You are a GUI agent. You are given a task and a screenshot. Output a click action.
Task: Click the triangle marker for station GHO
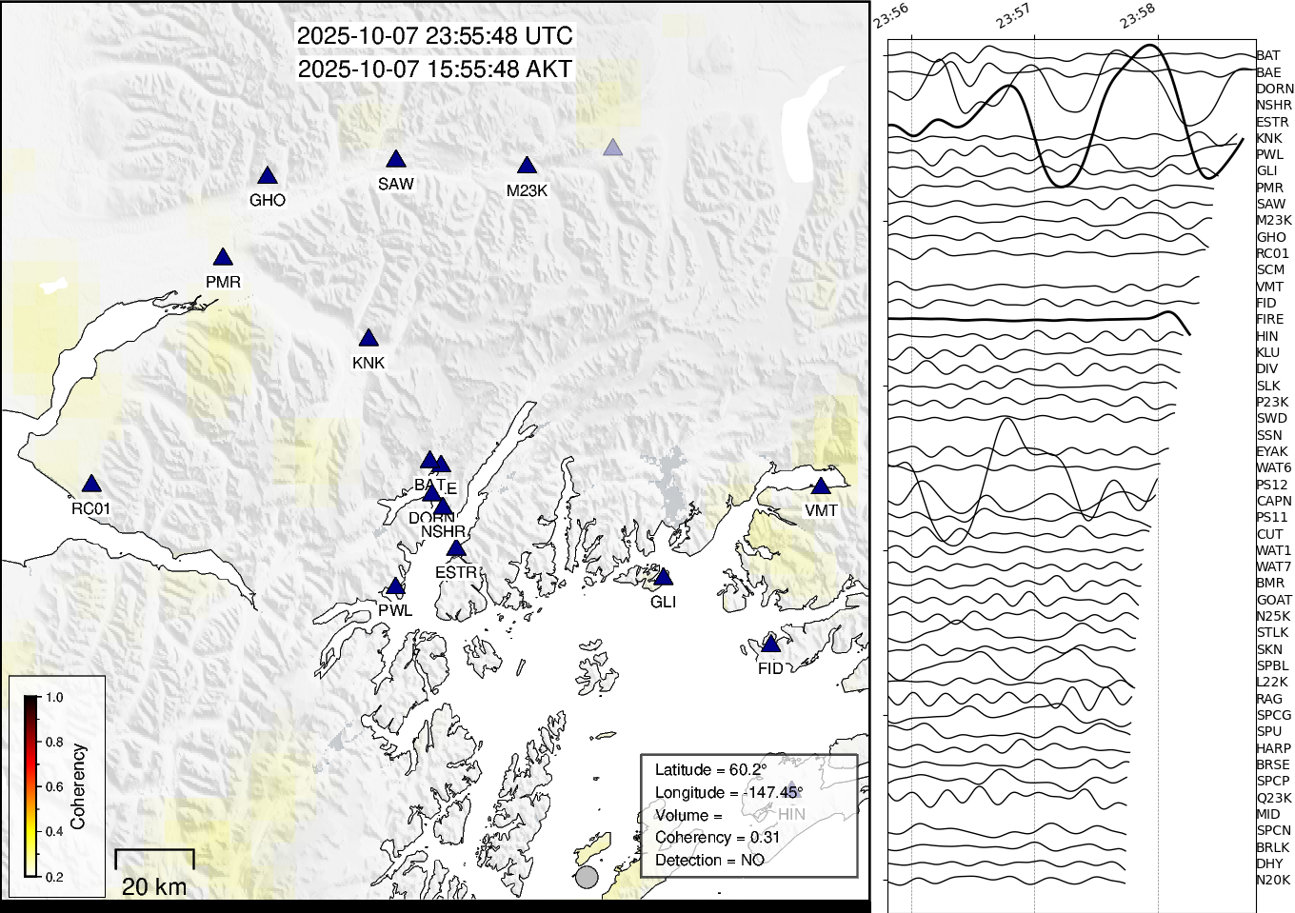click(x=268, y=176)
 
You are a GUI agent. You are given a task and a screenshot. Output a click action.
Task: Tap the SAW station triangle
click(x=396, y=160)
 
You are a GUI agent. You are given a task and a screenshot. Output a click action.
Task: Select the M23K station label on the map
click(x=527, y=190)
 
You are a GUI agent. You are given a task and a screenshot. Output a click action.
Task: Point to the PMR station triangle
click(x=223, y=258)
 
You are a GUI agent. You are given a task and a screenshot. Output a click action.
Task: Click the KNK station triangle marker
click(x=369, y=339)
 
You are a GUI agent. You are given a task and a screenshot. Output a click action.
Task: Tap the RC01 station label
click(x=90, y=508)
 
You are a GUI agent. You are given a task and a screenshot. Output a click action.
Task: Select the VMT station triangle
click(x=821, y=486)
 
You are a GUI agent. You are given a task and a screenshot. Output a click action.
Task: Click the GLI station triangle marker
click(x=664, y=578)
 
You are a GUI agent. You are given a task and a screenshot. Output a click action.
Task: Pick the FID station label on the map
click(x=770, y=668)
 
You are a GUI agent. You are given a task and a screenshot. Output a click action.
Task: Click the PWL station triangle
click(x=395, y=587)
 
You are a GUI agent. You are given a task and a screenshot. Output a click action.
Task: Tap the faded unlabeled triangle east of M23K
click(x=612, y=148)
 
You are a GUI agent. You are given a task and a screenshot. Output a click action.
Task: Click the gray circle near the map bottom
click(x=587, y=877)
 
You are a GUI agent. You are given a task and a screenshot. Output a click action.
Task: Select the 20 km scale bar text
click(x=154, y=886)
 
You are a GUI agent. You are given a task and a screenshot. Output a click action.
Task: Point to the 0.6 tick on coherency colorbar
click(x=53, y=786)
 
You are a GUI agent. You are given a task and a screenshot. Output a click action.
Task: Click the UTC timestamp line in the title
click(x=434, y=36)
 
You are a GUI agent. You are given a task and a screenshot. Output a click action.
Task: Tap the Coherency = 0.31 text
click(x=716, y=838)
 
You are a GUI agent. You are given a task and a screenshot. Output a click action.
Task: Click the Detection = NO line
click(x=709, y=861)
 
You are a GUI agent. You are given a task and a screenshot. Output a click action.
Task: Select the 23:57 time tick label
click(x=1013, y=16)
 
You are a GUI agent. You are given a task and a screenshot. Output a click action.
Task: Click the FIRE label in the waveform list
click(x=1269, y=319)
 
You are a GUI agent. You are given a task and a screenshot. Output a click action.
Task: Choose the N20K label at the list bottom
click(x=1272, y=880)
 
